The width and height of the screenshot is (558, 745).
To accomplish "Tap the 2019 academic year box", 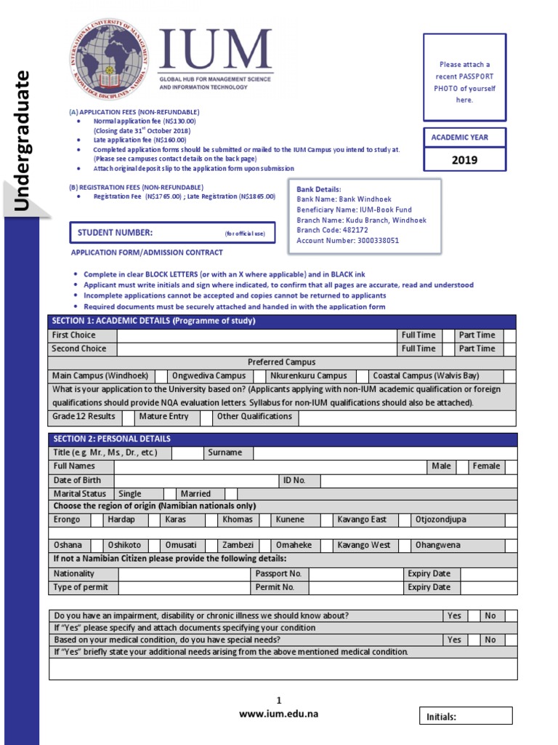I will click(x=464, y=159).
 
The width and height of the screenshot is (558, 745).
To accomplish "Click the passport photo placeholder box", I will click(x=464, y=77).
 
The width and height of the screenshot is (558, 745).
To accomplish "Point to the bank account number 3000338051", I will click(x=348, y=241).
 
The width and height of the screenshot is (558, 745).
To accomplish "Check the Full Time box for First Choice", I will click(x=448, y=335).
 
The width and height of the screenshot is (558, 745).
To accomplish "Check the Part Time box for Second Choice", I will click(x=509, y=348).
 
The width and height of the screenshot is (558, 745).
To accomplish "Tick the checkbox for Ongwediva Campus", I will click(x=259, y=376).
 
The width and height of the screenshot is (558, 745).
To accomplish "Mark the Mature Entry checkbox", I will click(x=206, y=417).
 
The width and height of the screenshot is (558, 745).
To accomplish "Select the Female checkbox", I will click(x=510, y=466).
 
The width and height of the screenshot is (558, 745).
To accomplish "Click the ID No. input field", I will click(x=418, y=481).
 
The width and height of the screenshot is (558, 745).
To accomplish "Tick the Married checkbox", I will click(x=231, y=494).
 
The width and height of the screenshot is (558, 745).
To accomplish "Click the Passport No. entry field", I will click(x=356, y=574).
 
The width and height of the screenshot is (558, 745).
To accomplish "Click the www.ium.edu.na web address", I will click(x=279, y=714).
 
